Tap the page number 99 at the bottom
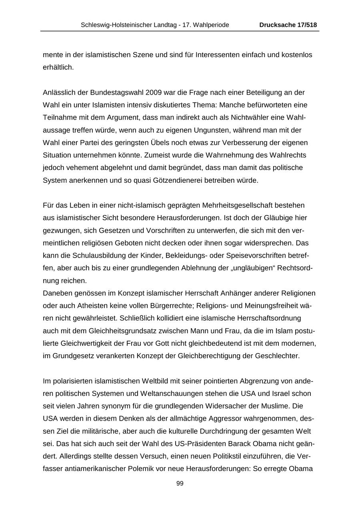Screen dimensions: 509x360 pyautogui.click(x=180, y=483)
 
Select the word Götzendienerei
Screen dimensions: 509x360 pyautogui.click(x=178, y=180)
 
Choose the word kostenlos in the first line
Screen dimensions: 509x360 pyautogui.click(x=297, y=55)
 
